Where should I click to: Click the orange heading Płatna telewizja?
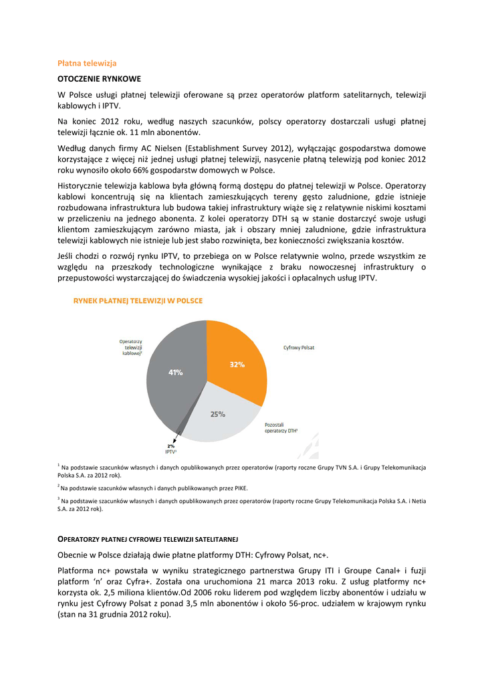coord(87,63)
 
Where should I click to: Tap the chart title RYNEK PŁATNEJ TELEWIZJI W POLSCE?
coord(138,301)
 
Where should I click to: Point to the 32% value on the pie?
coord(237,365)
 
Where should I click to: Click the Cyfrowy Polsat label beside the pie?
coord(299,348)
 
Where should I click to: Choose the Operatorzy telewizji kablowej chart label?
coord(131,348)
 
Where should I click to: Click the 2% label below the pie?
coord(171,446)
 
